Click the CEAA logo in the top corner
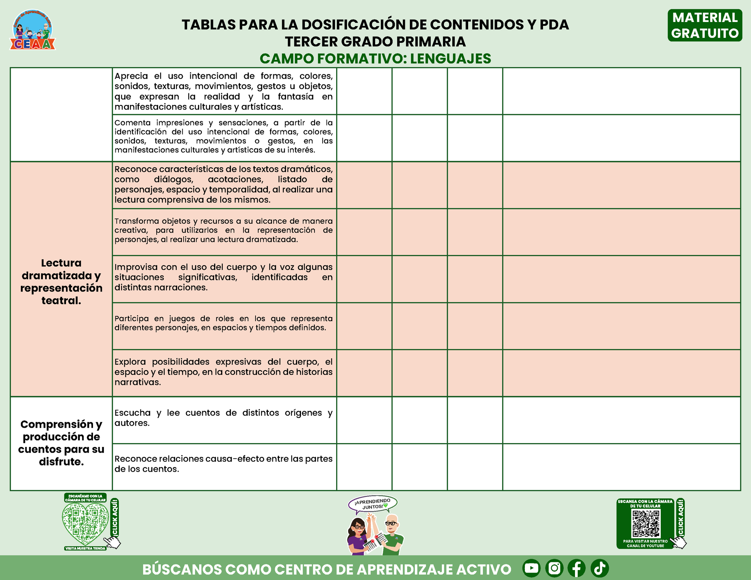coord(32,30)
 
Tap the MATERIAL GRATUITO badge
coord(705,25)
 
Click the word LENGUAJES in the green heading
coord(450,59)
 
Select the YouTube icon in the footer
coord(531,568)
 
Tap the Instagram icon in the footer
coord(554,568)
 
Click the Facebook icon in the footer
coord(577,568)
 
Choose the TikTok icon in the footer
coord(600,568)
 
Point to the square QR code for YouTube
coord(646,524)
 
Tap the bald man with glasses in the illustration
coord(392,534)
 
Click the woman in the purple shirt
coord(358,534)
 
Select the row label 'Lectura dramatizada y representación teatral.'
coord(61,282)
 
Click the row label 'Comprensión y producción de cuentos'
coord(61,443)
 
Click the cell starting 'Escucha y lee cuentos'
coord(223,418)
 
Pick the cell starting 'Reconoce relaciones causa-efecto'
coord(223,464)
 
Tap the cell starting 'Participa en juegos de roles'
coord(223,323)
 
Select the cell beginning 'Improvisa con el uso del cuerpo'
coord(223,277)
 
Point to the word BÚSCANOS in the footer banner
coord(182,570)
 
